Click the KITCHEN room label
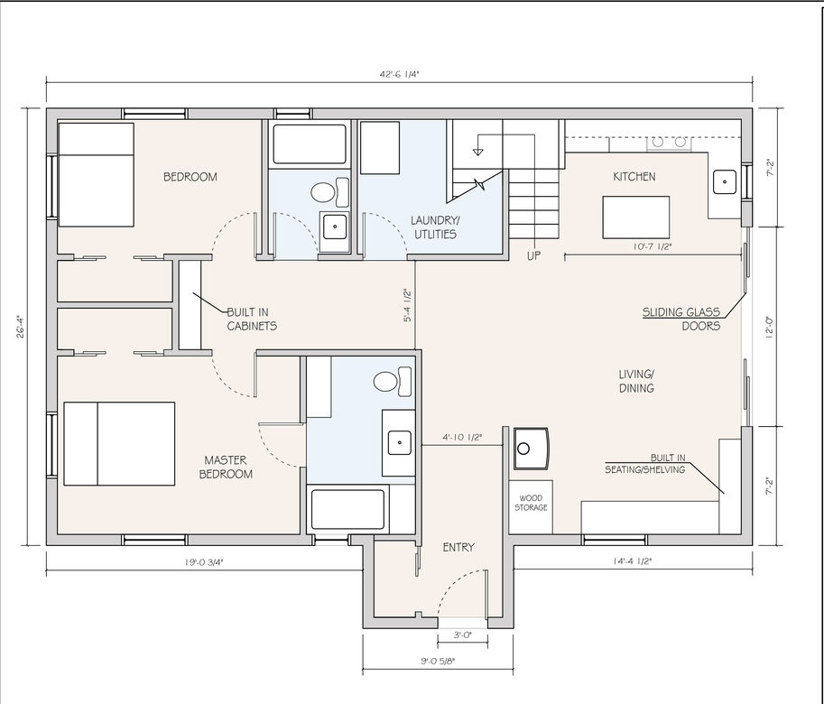point(634,177)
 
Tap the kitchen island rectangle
point(636,218)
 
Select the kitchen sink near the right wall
point(725,181)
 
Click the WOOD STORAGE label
point(531,503)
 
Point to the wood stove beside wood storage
point(532,449)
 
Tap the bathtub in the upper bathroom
point(310,144)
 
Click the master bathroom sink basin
point(400,442)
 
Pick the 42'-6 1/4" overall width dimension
point(400,74)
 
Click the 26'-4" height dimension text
point(21,326)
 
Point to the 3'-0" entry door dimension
point(462,635)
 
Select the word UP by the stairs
point(534,255)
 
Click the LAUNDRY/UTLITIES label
point(435,227)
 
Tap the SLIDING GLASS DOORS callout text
point(681,319)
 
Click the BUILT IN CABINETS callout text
point(252,319)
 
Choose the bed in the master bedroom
point(119,444)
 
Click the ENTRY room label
point(458,548)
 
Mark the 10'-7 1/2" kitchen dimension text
point(653,246)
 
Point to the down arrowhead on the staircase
point(477,153)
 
